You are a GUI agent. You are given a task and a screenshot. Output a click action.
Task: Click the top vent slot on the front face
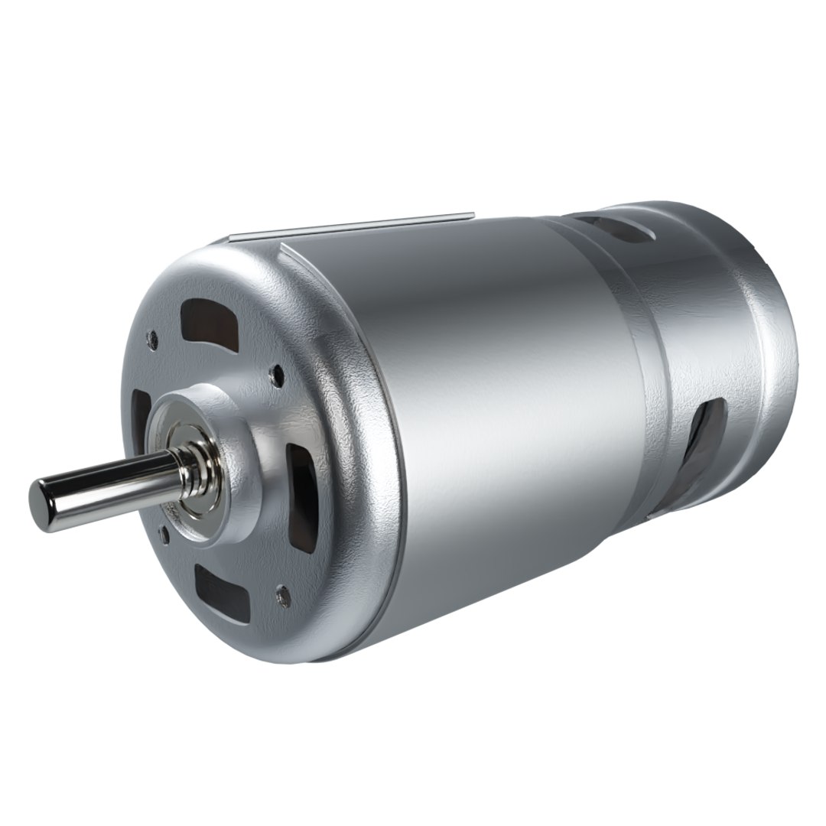[209, 320]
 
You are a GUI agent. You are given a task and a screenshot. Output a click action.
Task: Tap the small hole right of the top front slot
[278, 375]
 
